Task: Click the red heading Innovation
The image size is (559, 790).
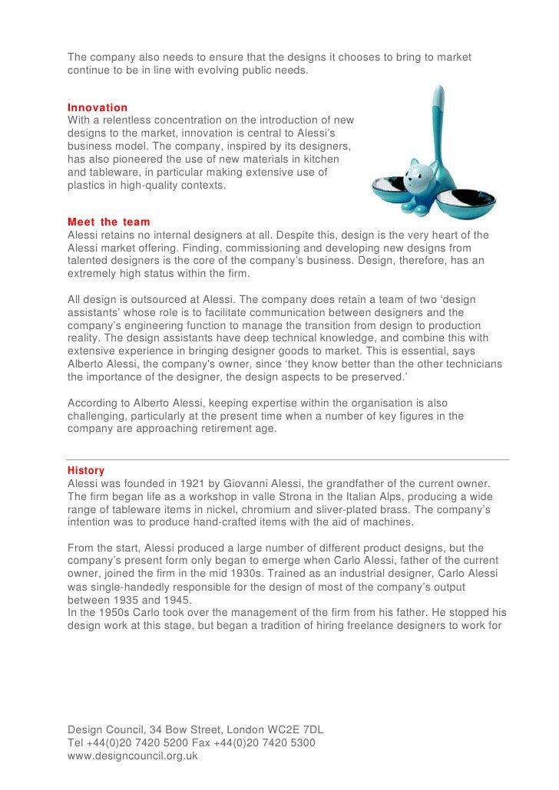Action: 98,107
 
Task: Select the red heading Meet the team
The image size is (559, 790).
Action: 109,222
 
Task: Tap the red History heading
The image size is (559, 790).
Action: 86,470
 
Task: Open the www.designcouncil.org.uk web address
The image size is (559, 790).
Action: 133,755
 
